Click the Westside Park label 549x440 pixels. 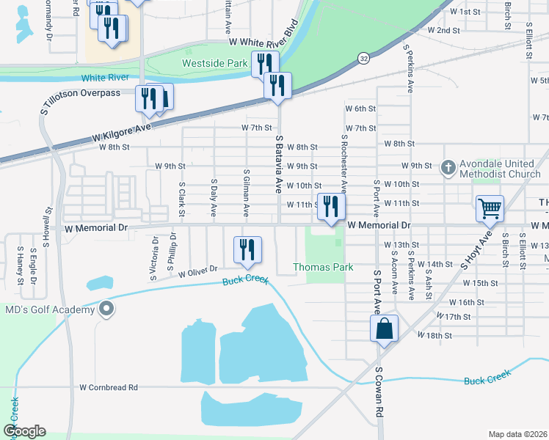pyautogui.click(x=215, y=64)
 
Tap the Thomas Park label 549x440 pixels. pyautogui.click(x=324, y=267)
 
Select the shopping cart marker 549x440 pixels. pyautogui.click(x=490, y=208)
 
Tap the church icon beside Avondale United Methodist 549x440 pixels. pyautogui.click(x=448, y=168)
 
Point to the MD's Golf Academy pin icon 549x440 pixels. pyautogui.click(x=107, y=309)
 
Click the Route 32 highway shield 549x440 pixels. pyautogui.click(x=364, y=57)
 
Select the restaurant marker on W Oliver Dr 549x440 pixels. pyautogui.click(x=247, y=250)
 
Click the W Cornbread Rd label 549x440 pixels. pyautogui.click(x=109, y=387)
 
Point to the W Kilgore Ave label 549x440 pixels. pyautogui.click(x=121, y=133)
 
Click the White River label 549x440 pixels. pyautogui.click(x=104, y=77)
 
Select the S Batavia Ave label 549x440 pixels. pyautogui.click(x=279, y=161)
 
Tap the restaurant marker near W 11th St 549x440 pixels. pyautogui.click(x=331, y=208)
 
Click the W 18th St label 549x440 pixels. pyautogui.click(x=434, y=335)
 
